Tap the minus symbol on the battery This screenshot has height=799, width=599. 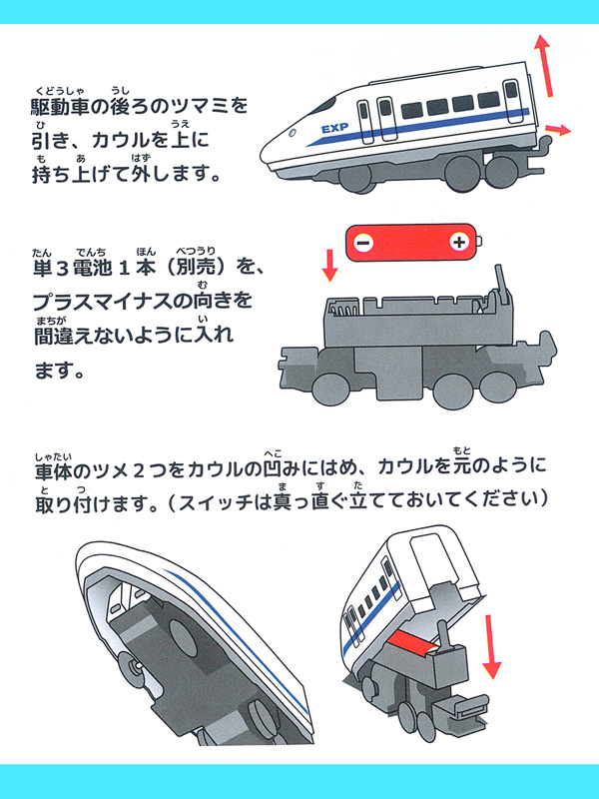(363, 243)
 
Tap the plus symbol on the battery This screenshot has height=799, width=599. (458, 243)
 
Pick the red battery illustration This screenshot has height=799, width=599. (411, 243)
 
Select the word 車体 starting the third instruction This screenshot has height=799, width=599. (47, 468)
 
